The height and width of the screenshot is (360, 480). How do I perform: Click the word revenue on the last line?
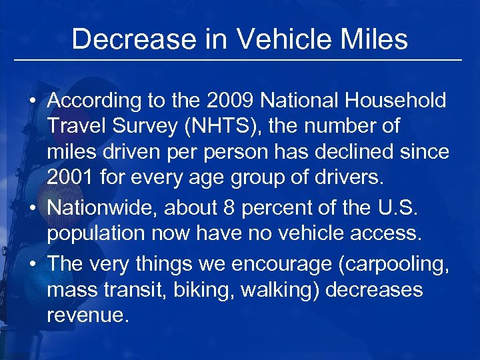86,315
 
